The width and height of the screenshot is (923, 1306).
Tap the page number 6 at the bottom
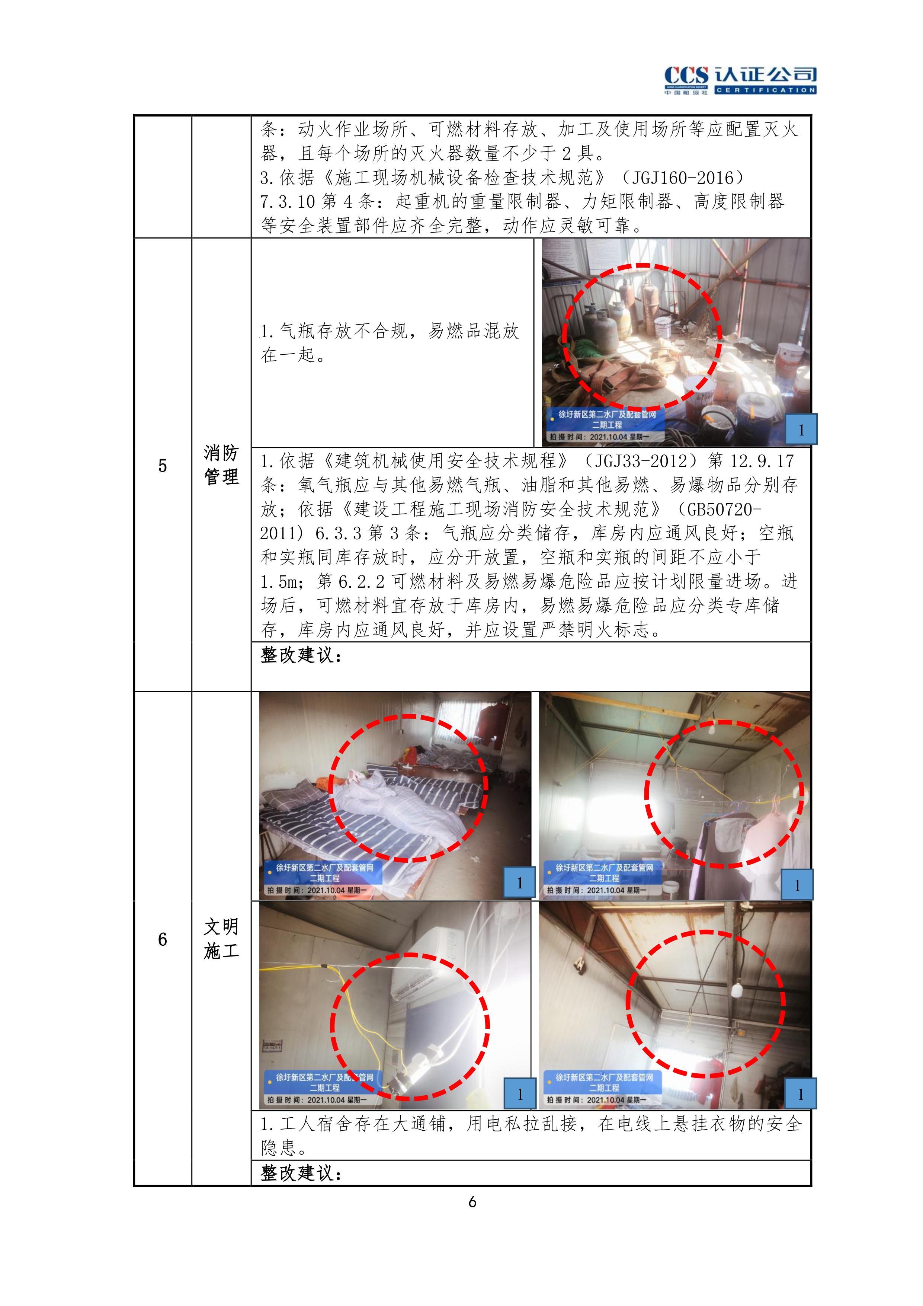click(x=472, y=1201)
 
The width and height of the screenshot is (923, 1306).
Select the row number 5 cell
click(x=163, y=465)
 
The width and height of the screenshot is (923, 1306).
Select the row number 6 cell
click(x=163, y=939)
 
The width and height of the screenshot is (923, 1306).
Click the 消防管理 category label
click(x=221, y=465)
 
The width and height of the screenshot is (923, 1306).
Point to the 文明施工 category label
click(x=221, y=939)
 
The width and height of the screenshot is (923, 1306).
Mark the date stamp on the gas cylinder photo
click(x=598, y=437)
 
